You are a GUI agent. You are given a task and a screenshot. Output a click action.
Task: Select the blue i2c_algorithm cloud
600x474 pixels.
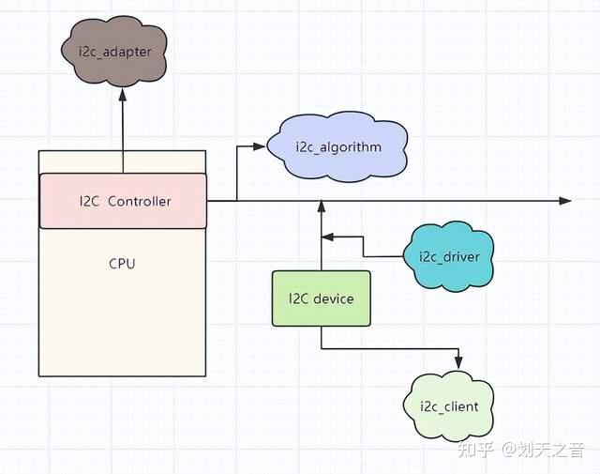click(x=337, y=147)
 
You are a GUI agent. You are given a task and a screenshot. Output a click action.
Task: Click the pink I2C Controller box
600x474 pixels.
click(x=123, y=200)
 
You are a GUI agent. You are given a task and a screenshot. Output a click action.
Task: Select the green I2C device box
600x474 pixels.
click(x=321, y=298)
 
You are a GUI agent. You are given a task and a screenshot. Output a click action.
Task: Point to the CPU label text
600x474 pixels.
click(x=122, y=264)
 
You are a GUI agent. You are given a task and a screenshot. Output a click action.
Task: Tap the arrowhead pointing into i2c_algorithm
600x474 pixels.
click(x=261, y=146)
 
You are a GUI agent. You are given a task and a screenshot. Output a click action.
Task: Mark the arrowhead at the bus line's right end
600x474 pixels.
click(x=565, y=201)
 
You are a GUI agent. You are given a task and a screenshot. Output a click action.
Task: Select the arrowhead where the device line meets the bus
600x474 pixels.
click(x=321, y=206)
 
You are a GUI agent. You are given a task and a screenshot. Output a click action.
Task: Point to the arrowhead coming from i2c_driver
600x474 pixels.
click(x=328, y=238)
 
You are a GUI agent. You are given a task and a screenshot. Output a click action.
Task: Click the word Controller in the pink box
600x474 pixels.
click(x=140, y=200)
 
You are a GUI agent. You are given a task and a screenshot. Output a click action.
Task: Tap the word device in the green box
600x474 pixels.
click(x=334, y=298)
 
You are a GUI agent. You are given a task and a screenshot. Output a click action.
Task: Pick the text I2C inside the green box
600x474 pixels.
click(x=298, y=298)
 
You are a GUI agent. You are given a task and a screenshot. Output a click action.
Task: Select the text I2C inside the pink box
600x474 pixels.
click(x=88, y=200)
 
